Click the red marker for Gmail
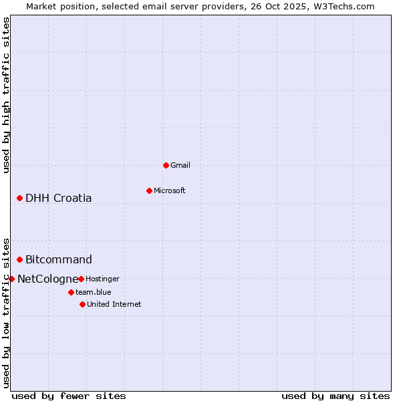click(166, 165)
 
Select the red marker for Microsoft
click(149, 190)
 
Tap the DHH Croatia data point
click(20, 198)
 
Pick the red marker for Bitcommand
click(20, 259)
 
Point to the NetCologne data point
click(11, 279)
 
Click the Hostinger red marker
click(81, 279)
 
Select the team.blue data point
click(71, 292)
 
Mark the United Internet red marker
click(82, 304)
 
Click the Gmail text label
click(180, 165)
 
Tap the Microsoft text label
click(170, 190)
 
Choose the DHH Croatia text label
click(59, 198)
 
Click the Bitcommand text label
click(59, 259)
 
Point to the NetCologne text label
click(47, 279)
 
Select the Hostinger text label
click(102, 279)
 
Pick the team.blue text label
click(94, 292)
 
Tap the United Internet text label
click(114, 304)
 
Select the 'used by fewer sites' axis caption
click(69, 396)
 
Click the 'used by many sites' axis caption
click(336, 396)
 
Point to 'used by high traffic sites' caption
click(6, 95)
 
